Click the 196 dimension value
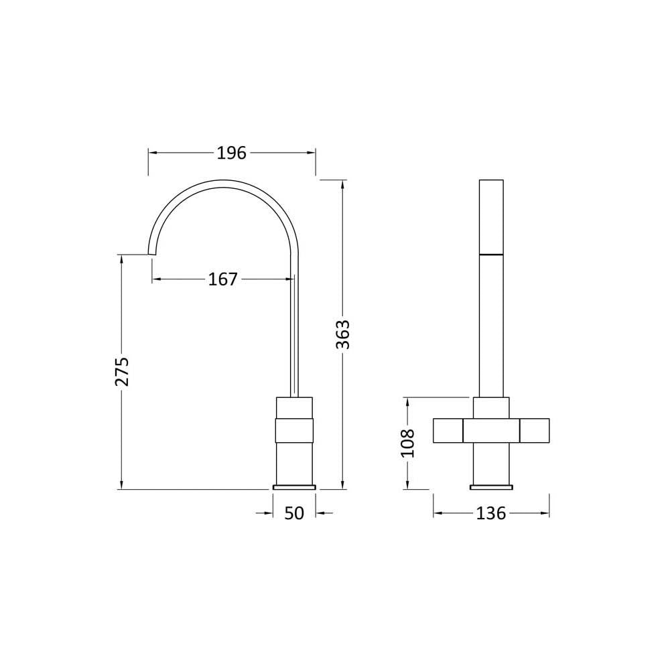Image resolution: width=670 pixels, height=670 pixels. point(232,153)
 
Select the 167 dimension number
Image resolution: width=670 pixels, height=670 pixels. point(222,279)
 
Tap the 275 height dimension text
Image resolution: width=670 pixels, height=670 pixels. point(122,371)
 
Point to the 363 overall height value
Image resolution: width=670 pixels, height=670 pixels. point(342,334)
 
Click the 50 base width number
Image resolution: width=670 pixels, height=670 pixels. point(294,513)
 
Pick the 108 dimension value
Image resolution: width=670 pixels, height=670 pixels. point(407,443)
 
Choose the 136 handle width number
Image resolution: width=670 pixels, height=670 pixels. point(491,513)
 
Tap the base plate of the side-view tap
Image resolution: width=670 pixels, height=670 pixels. point(294,486)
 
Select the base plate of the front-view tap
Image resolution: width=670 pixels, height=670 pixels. point(491,486)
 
